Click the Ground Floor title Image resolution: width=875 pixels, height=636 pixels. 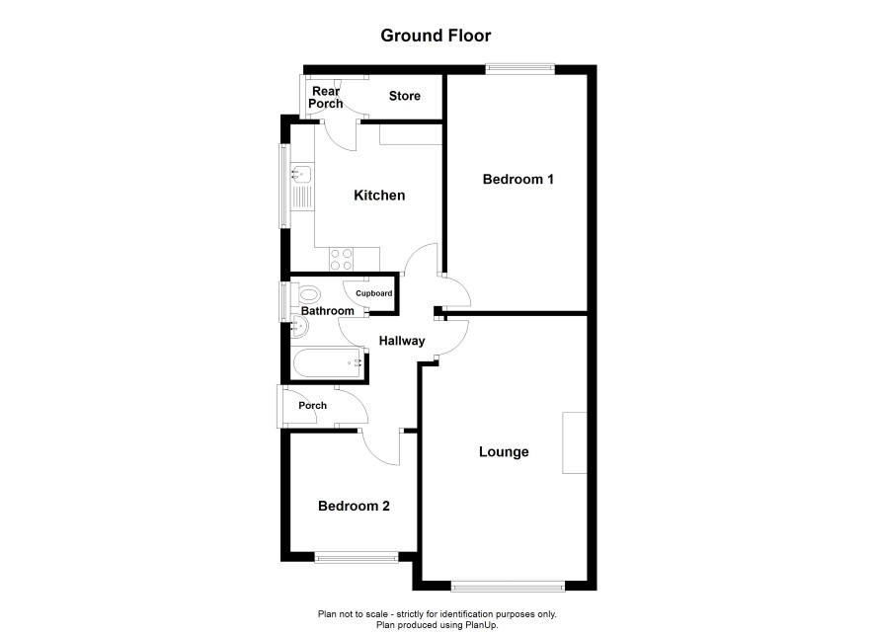(436, 36)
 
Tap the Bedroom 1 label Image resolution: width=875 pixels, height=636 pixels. (517, 179)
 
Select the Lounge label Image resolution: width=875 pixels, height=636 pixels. (504, 452)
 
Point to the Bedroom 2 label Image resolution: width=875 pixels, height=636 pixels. (354, 506)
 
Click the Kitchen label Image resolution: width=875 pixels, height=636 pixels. (379, 196)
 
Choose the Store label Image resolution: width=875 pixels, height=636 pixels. (405, 96)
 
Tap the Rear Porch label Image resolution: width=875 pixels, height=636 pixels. (325, 98)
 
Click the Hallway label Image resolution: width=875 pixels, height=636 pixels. (402, 341)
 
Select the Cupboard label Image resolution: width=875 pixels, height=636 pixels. (374, 293)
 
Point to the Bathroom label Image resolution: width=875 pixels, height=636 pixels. (328, 311)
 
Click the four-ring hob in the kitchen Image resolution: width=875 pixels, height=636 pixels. (341, 259)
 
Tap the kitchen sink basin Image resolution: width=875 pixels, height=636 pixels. (302, 174)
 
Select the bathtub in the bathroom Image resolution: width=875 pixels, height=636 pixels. (328, 363)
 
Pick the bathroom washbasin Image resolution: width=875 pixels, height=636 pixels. (299, 326)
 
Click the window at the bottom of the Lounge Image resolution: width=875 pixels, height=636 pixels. (508, 586)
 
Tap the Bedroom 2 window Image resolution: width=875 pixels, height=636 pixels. (357, 557)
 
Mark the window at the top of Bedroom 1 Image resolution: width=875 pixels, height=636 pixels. (520, 69)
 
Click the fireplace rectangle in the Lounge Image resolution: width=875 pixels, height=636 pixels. (574, 443)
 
